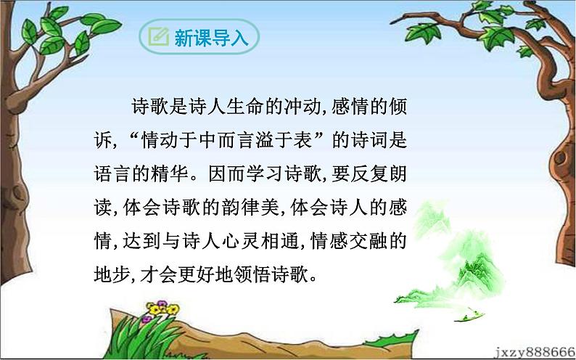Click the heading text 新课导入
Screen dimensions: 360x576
point(211,38)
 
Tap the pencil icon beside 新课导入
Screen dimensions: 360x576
point(157,38)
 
